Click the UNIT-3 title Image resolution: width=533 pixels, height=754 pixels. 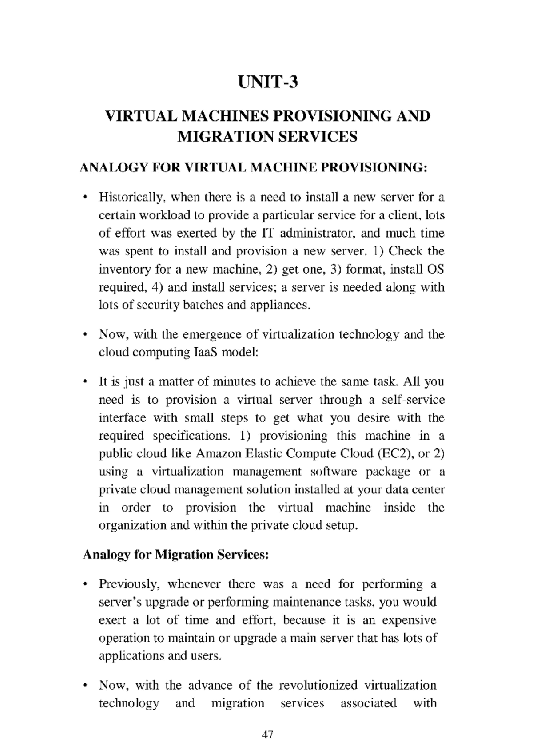click(267, 83)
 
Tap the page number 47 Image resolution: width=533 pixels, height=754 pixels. click(267, 734)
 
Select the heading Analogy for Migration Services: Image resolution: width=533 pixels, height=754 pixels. click(175, 555)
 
